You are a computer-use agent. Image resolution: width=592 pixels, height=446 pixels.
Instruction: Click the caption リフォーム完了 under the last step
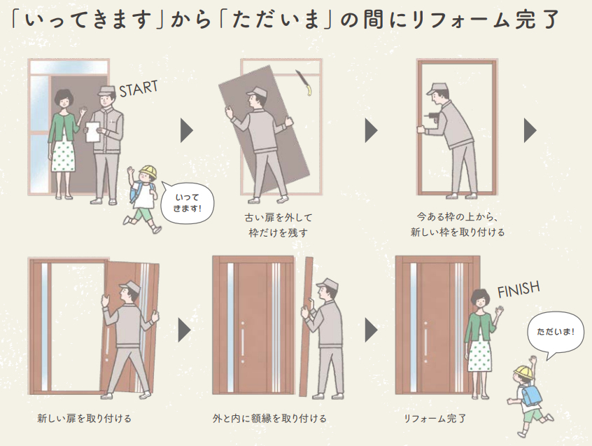(435, 419)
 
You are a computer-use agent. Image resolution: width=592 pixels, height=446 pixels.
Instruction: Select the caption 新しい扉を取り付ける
(84, 419)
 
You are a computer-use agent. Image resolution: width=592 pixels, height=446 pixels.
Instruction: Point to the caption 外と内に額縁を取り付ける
(269, 419)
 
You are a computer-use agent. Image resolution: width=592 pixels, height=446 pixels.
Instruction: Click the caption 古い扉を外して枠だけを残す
(279, 225)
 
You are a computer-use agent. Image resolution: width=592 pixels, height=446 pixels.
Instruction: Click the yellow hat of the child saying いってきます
(148, 172)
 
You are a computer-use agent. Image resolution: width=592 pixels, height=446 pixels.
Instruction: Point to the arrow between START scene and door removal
(186, 130)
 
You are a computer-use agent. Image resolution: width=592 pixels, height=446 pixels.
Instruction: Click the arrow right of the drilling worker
(530, 130)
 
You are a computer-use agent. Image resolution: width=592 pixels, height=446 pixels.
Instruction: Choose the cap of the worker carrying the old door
(257, 92)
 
